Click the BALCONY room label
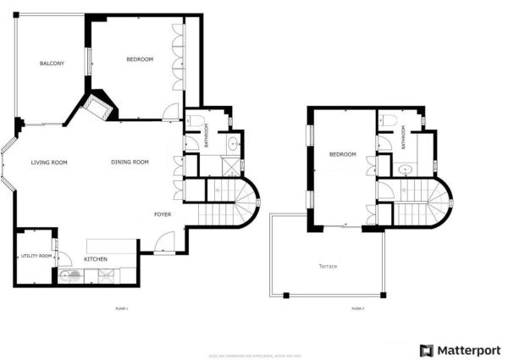(x=52, y=64)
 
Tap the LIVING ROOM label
(x=49, y=162)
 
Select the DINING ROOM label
(x=130, y=162)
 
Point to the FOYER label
(x=163, y=214)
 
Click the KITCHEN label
(x=95, y=258)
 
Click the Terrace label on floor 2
(x=328, y=267)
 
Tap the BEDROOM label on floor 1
(x=140, y=59)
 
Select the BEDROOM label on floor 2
(x=342, y=154)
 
